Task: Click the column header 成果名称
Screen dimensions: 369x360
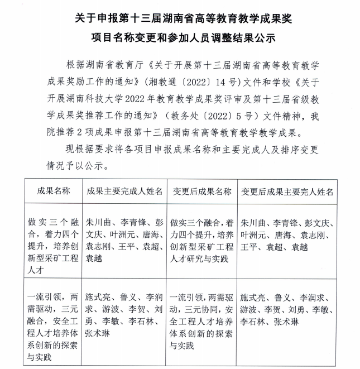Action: point(54,191)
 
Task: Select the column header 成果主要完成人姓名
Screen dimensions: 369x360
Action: point(124,191)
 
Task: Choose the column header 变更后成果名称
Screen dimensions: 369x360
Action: point(202,191)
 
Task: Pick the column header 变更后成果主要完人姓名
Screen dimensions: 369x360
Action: point(287,191)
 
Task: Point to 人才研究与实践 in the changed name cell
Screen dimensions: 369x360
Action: point(199,258)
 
